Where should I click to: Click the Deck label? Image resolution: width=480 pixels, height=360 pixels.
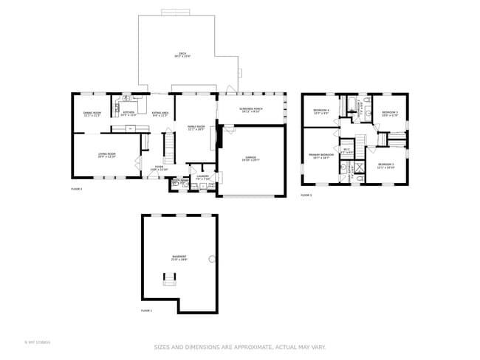[x=182, y=55]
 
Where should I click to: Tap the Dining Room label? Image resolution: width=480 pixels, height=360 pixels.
[x=92, y=114]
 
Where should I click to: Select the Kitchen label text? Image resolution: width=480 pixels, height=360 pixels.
[x=128, y=114]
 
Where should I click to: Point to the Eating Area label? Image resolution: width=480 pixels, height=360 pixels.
[x=160, y=114]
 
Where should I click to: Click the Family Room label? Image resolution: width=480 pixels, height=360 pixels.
[x=196, y=128]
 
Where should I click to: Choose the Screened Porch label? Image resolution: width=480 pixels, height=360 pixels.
[x=250, y=110]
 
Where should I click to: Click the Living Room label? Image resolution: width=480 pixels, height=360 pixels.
[x=108, y=155]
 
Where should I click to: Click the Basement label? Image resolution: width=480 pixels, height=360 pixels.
[x=179, y=258]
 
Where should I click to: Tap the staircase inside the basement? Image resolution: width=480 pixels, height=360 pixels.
[x=170, y=278]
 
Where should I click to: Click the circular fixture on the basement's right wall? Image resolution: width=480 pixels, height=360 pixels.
[x=212, y=259]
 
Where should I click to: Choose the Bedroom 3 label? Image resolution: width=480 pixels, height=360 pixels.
[x=390, y=114]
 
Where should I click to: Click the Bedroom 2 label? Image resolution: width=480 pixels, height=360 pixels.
[x=385, y=166]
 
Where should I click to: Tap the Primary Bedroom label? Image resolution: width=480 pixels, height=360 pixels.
[x=321, y=156]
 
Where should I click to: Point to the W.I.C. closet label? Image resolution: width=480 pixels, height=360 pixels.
[x=346, y=151]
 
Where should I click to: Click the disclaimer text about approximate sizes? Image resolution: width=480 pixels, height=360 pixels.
[x=239, y=347]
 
